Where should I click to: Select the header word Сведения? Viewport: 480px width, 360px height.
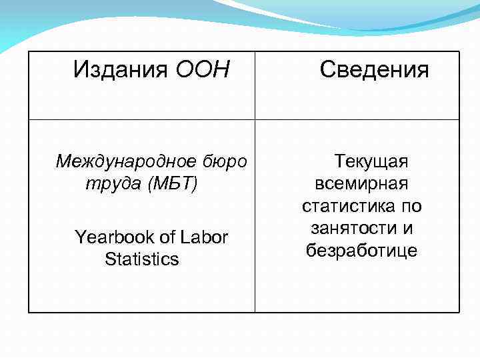(374, 69)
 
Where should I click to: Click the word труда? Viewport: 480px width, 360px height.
(105, 184)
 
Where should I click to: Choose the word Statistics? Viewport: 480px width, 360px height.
(142, 259)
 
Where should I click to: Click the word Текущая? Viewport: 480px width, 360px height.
(371, 161)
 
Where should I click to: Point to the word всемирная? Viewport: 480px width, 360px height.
(361, 183)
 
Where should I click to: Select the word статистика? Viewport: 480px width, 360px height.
(345, 206)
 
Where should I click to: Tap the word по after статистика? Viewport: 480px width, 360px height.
(409, 206)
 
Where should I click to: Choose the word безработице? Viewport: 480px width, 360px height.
(361, 251)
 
